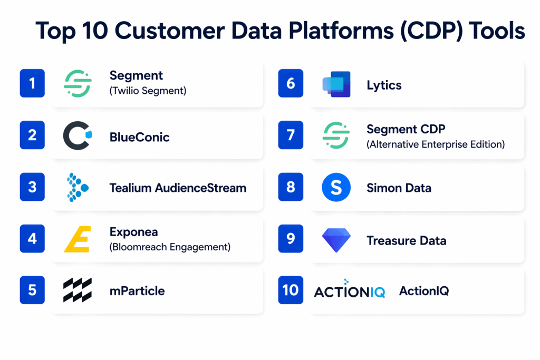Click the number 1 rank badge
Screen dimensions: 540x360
coord(32,83)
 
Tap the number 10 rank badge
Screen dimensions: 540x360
coord(291,290)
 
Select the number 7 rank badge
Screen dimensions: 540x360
coord(291,135)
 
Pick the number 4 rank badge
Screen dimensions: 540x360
coord(32,239)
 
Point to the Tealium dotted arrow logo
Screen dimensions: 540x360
coord(78,187)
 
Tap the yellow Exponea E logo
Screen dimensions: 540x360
coord(78,239)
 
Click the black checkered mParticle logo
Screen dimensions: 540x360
coord(78,290)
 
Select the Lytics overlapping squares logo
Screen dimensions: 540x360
coord(336,84)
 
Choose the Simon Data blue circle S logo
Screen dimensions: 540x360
coord(336,187)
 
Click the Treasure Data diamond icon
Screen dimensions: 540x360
coord(336,240)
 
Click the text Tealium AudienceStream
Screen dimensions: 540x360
coord(178,188)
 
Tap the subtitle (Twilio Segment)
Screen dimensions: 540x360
coord(148,91)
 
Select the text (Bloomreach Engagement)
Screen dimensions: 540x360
coord(170,247)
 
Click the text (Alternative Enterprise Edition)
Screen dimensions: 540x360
coord(436,144)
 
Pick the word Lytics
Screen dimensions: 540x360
coord(384,85)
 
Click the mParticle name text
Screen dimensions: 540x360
coord(137,291)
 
